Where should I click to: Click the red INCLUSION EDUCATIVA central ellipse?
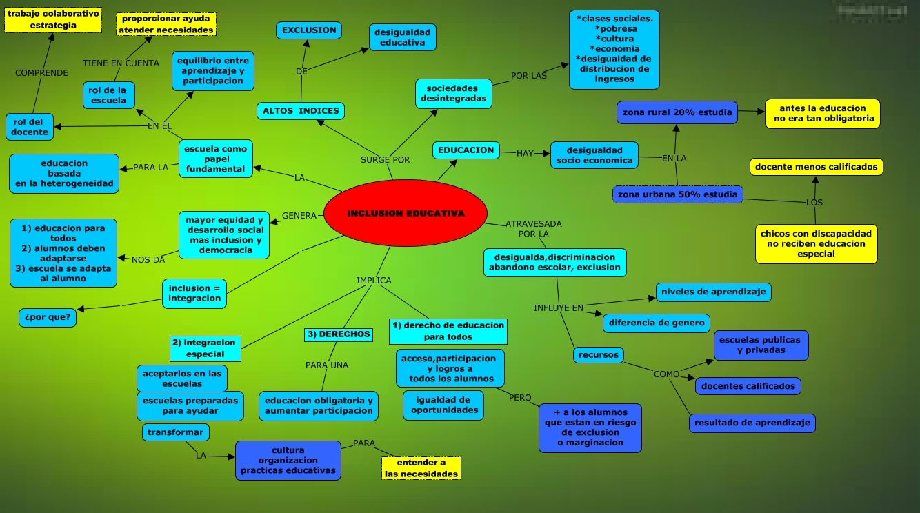click(x=406, y=213)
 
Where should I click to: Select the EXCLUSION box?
click(x=309, y=30)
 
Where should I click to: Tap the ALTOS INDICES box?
click(x=301, y=110)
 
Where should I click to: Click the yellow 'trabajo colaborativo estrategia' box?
click(x=53, y=19)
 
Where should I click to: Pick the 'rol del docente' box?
click(x=30, y=127)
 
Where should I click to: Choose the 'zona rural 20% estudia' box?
click(x=677, y=112)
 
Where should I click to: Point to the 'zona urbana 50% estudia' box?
click(x=677, y=194)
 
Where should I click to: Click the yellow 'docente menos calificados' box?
click(x=817, y=167)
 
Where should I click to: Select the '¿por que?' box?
click(x=48, y=318)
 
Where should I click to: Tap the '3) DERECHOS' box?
click(x=339, y=334)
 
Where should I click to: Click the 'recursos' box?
click(x=598, y=355)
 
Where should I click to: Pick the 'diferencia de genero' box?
click(x=657, y=322)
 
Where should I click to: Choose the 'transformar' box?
click(x=175, y=432)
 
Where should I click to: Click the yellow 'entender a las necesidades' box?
click(x=421, y=469)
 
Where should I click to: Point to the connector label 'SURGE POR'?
click(x=385, y=160)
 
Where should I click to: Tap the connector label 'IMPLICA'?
click(x=374, y=281)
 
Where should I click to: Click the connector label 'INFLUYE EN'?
click(x=559, y=308)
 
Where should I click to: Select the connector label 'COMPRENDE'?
click(x=41, y=73)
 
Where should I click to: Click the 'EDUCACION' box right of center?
click(x=466, y=150)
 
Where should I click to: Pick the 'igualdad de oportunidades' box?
click(x=444, y=405)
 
